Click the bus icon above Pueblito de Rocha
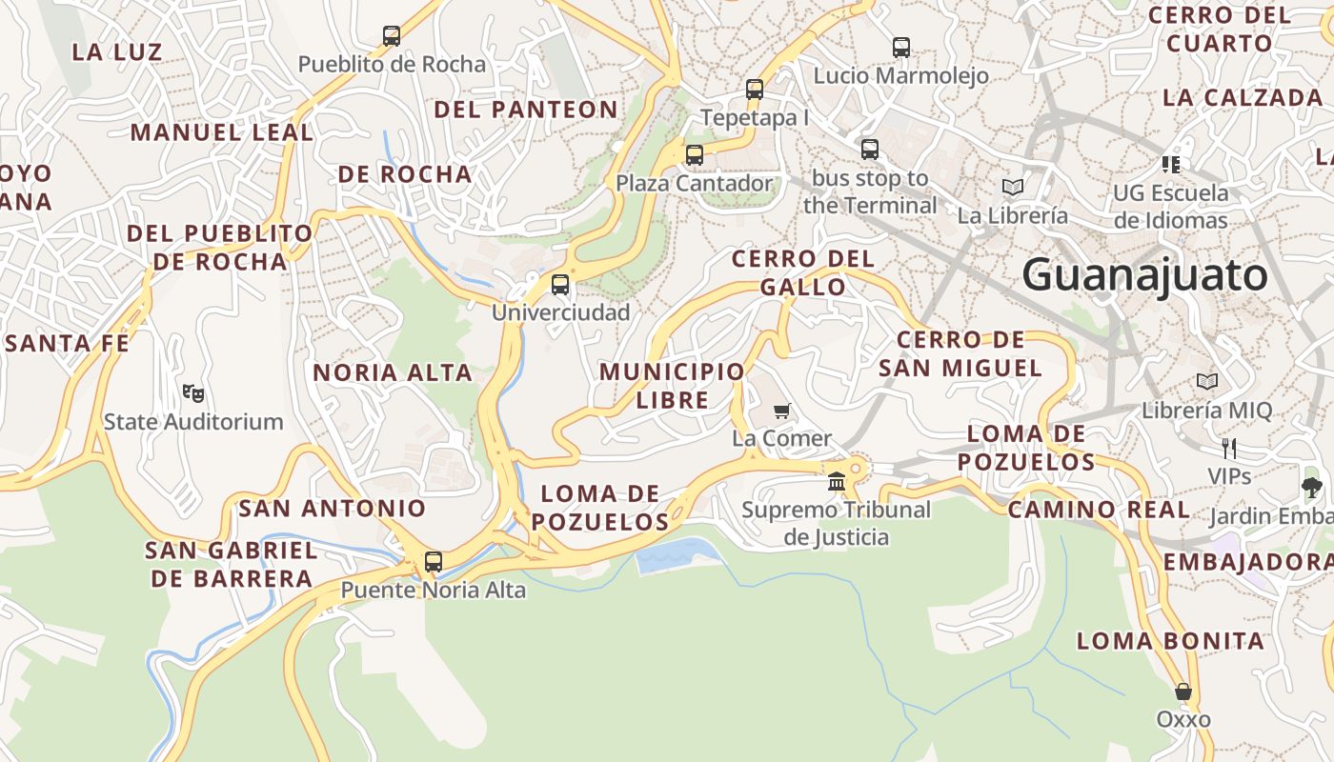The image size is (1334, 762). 392,36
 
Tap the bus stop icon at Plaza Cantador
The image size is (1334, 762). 695,155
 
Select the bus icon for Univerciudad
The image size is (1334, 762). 560,285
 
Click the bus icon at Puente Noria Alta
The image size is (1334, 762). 434,562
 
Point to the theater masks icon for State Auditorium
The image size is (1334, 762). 193,392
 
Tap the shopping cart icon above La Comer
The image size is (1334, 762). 782,411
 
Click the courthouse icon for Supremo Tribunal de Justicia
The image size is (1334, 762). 837,482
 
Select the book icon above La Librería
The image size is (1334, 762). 1012,188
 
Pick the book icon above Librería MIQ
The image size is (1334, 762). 1207,382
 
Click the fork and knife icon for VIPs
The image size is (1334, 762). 1229,448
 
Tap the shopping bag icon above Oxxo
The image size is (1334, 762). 1183,692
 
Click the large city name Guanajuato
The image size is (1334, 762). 1144,275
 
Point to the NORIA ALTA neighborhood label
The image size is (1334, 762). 393,372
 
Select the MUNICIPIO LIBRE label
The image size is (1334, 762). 672,386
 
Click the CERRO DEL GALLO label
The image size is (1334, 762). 802,272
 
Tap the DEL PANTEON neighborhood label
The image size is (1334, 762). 526,110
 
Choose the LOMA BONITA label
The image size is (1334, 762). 1170,641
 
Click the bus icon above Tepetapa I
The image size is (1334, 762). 755,90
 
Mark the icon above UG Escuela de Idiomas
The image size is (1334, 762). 1171,164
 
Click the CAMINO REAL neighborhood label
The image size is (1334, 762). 1099,510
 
